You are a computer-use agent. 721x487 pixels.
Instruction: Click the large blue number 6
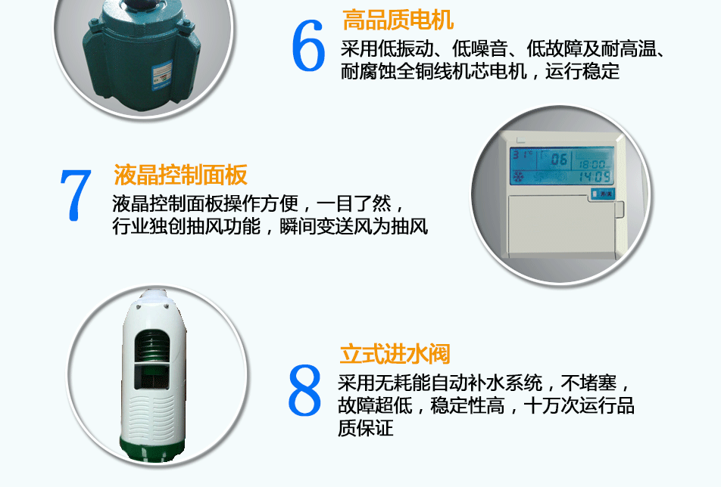coord(308,48)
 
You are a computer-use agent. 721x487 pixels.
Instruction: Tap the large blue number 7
coord(75,196)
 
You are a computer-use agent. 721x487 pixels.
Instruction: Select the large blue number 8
coord(305,391)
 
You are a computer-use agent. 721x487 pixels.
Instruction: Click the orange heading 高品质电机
coord(398,19)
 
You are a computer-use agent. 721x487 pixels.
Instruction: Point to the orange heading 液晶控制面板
coord(180,175)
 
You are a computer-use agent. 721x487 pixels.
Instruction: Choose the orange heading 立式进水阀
coord(395,354)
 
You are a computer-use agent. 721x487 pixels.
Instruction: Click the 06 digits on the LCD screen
coord(559,160)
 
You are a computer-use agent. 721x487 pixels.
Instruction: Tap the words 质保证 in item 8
coord(366,429)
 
